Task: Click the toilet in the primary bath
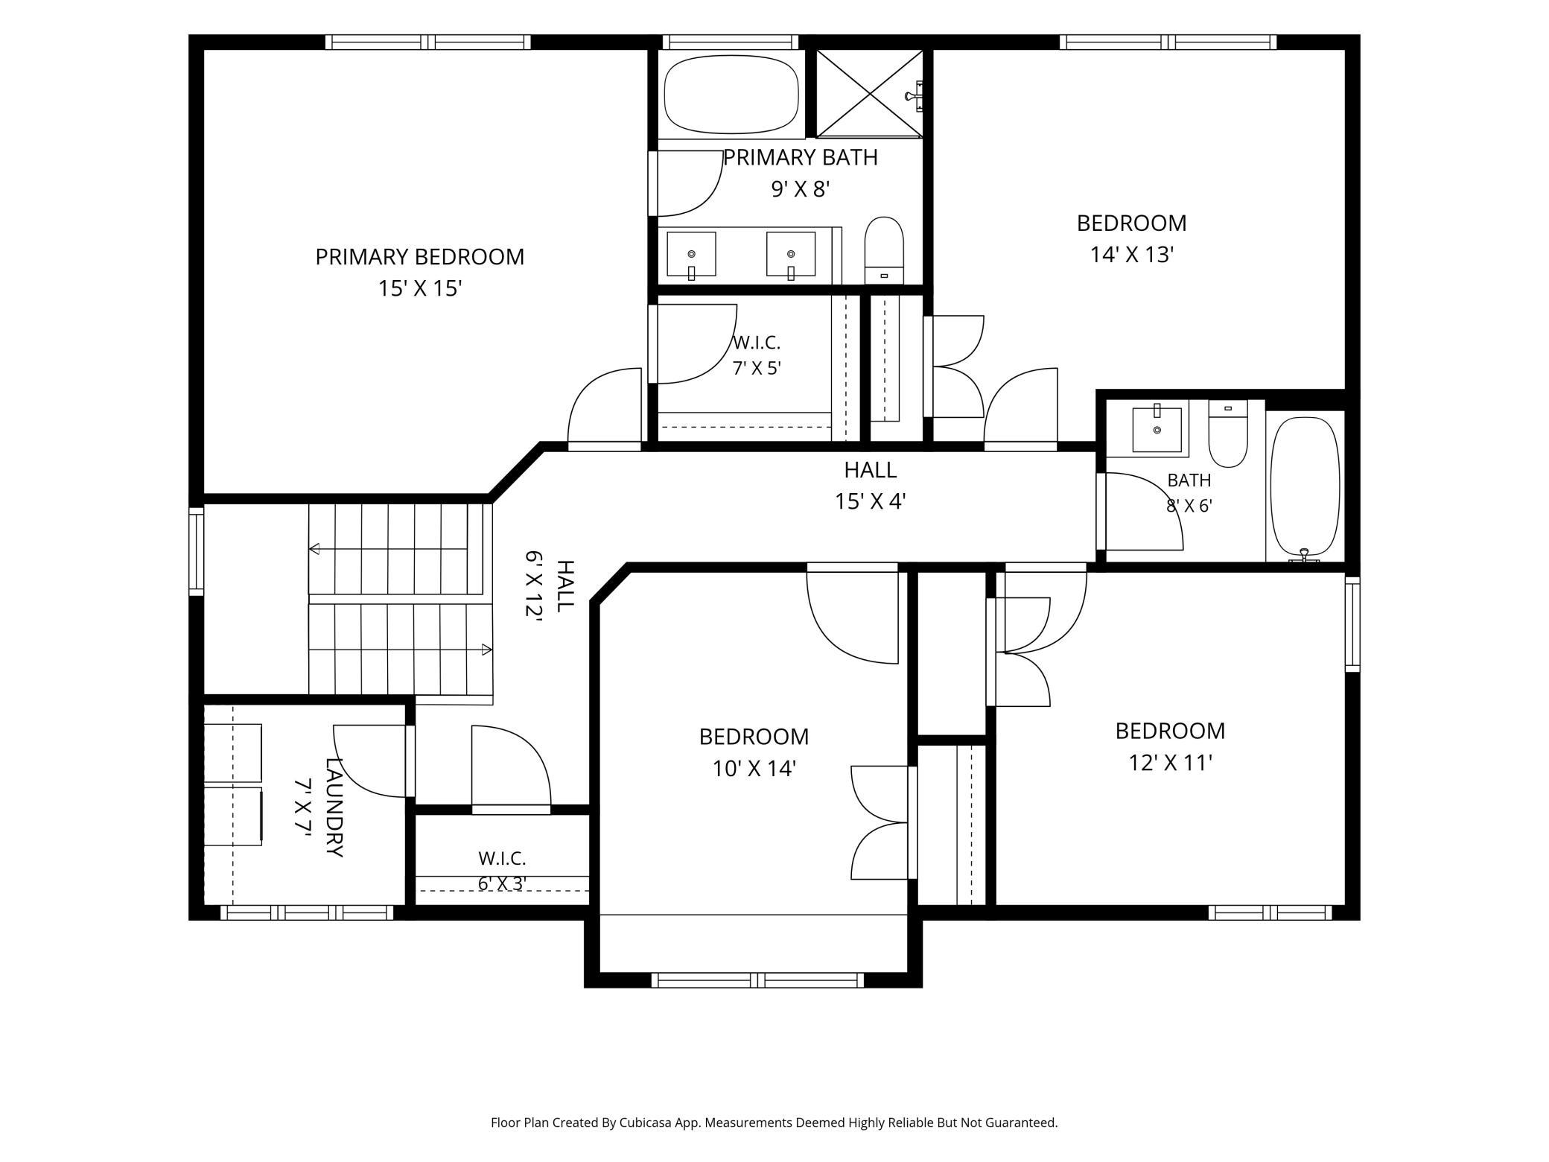tap(884, 250)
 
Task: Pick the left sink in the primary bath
tap(691, 255)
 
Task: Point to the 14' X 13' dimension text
tap(1132, 255)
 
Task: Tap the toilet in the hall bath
tap(1228, 434)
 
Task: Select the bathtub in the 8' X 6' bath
tap(1305, 489)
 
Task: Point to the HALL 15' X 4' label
tap(870, 486)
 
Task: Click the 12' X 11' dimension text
tap(1171, 763)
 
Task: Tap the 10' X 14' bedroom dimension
tap(754, 769)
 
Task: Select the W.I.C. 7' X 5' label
tap(757, 355)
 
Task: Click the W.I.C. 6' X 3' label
tap(503, 871)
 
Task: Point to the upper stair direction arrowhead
tap(314, 549)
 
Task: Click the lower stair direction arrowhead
tap(487, 650)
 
